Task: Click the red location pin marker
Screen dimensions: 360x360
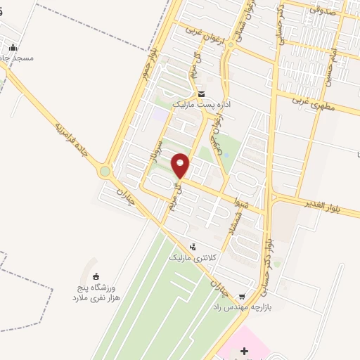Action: click(x=181, y=165)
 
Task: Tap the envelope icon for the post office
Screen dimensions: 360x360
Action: click(x=201, y=94)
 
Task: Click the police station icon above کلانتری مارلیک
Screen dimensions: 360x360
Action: click(x=193, y=247)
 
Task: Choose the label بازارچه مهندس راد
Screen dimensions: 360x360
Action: click(x=242, y=307)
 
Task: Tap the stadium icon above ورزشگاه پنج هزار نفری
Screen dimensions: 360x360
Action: click(x=96, y=276)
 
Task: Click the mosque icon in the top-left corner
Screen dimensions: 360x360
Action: click(x=11, y=48)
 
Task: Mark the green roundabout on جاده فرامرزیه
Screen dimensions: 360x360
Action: click(x=105, y=171)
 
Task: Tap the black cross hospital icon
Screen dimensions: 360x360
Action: click(x=244, y=350)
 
